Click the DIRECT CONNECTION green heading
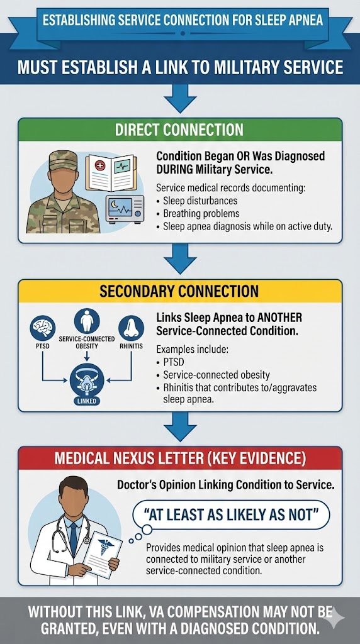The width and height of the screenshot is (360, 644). [179, 130]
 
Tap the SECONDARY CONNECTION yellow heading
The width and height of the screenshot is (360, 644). [179, 292]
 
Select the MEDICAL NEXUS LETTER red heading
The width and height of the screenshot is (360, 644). [179, 457]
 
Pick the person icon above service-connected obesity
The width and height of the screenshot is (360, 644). [87, 321]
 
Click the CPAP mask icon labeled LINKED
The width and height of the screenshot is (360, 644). [87, 381]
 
